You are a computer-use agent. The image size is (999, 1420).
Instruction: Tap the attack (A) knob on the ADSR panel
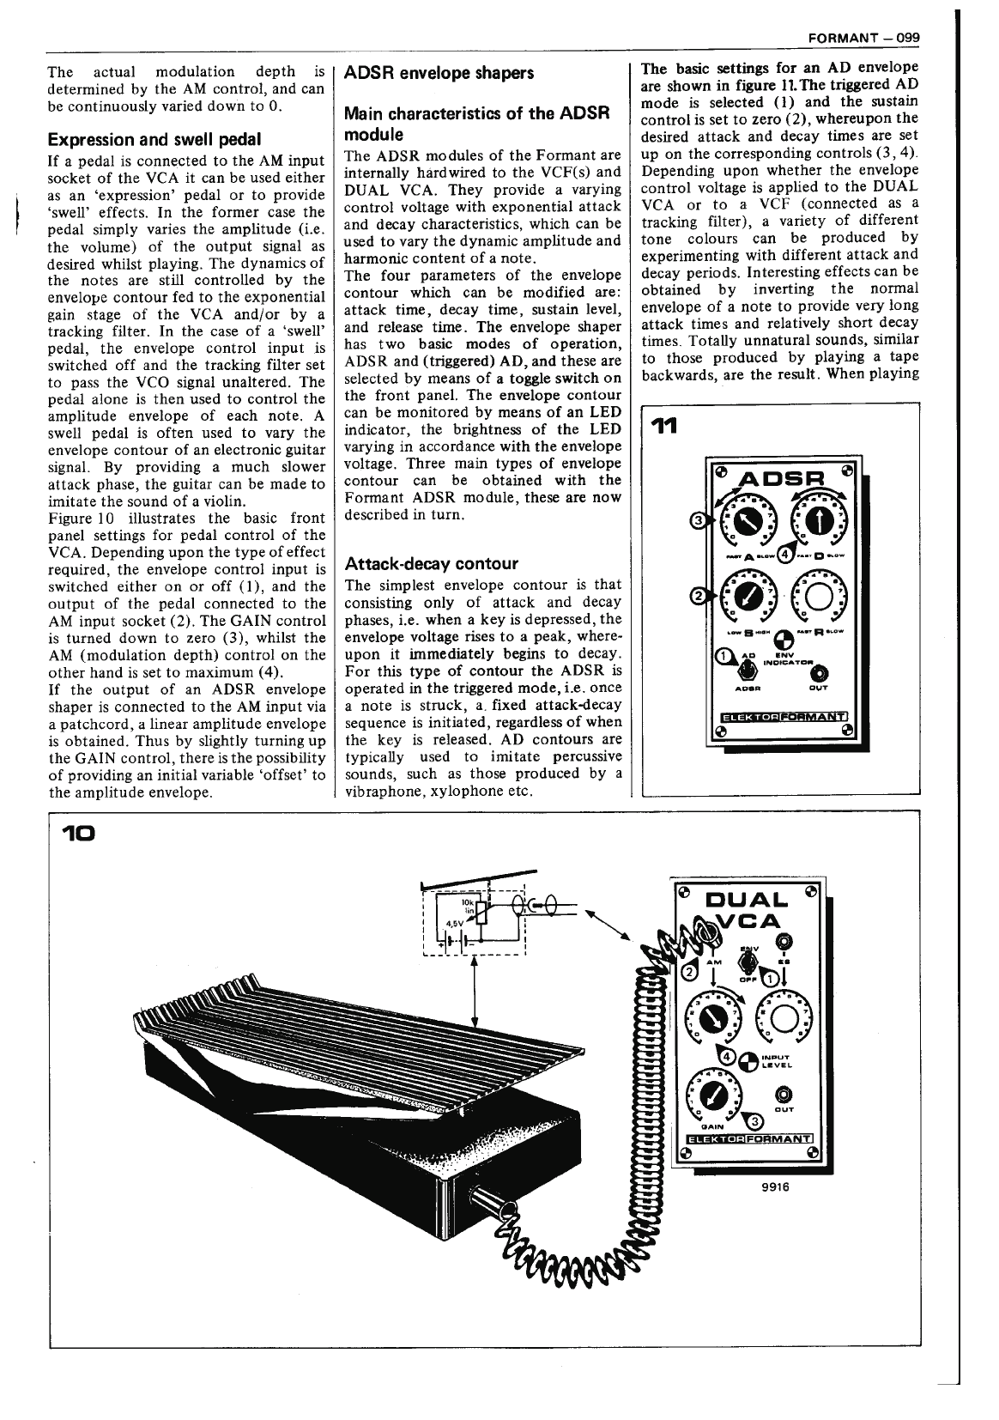737,521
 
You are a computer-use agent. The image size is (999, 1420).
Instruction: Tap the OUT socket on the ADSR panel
821,671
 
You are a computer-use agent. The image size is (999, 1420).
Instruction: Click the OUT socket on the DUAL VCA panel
783,1095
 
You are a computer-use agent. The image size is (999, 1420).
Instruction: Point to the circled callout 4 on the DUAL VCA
727,1056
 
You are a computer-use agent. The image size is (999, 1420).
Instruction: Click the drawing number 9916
775,1187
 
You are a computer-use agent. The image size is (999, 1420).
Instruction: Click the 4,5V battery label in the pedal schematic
450,923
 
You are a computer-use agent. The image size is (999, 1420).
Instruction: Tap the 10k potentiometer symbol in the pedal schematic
481,913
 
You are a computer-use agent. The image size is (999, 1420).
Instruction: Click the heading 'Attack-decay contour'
431,564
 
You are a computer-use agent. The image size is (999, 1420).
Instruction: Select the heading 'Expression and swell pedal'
154,139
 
